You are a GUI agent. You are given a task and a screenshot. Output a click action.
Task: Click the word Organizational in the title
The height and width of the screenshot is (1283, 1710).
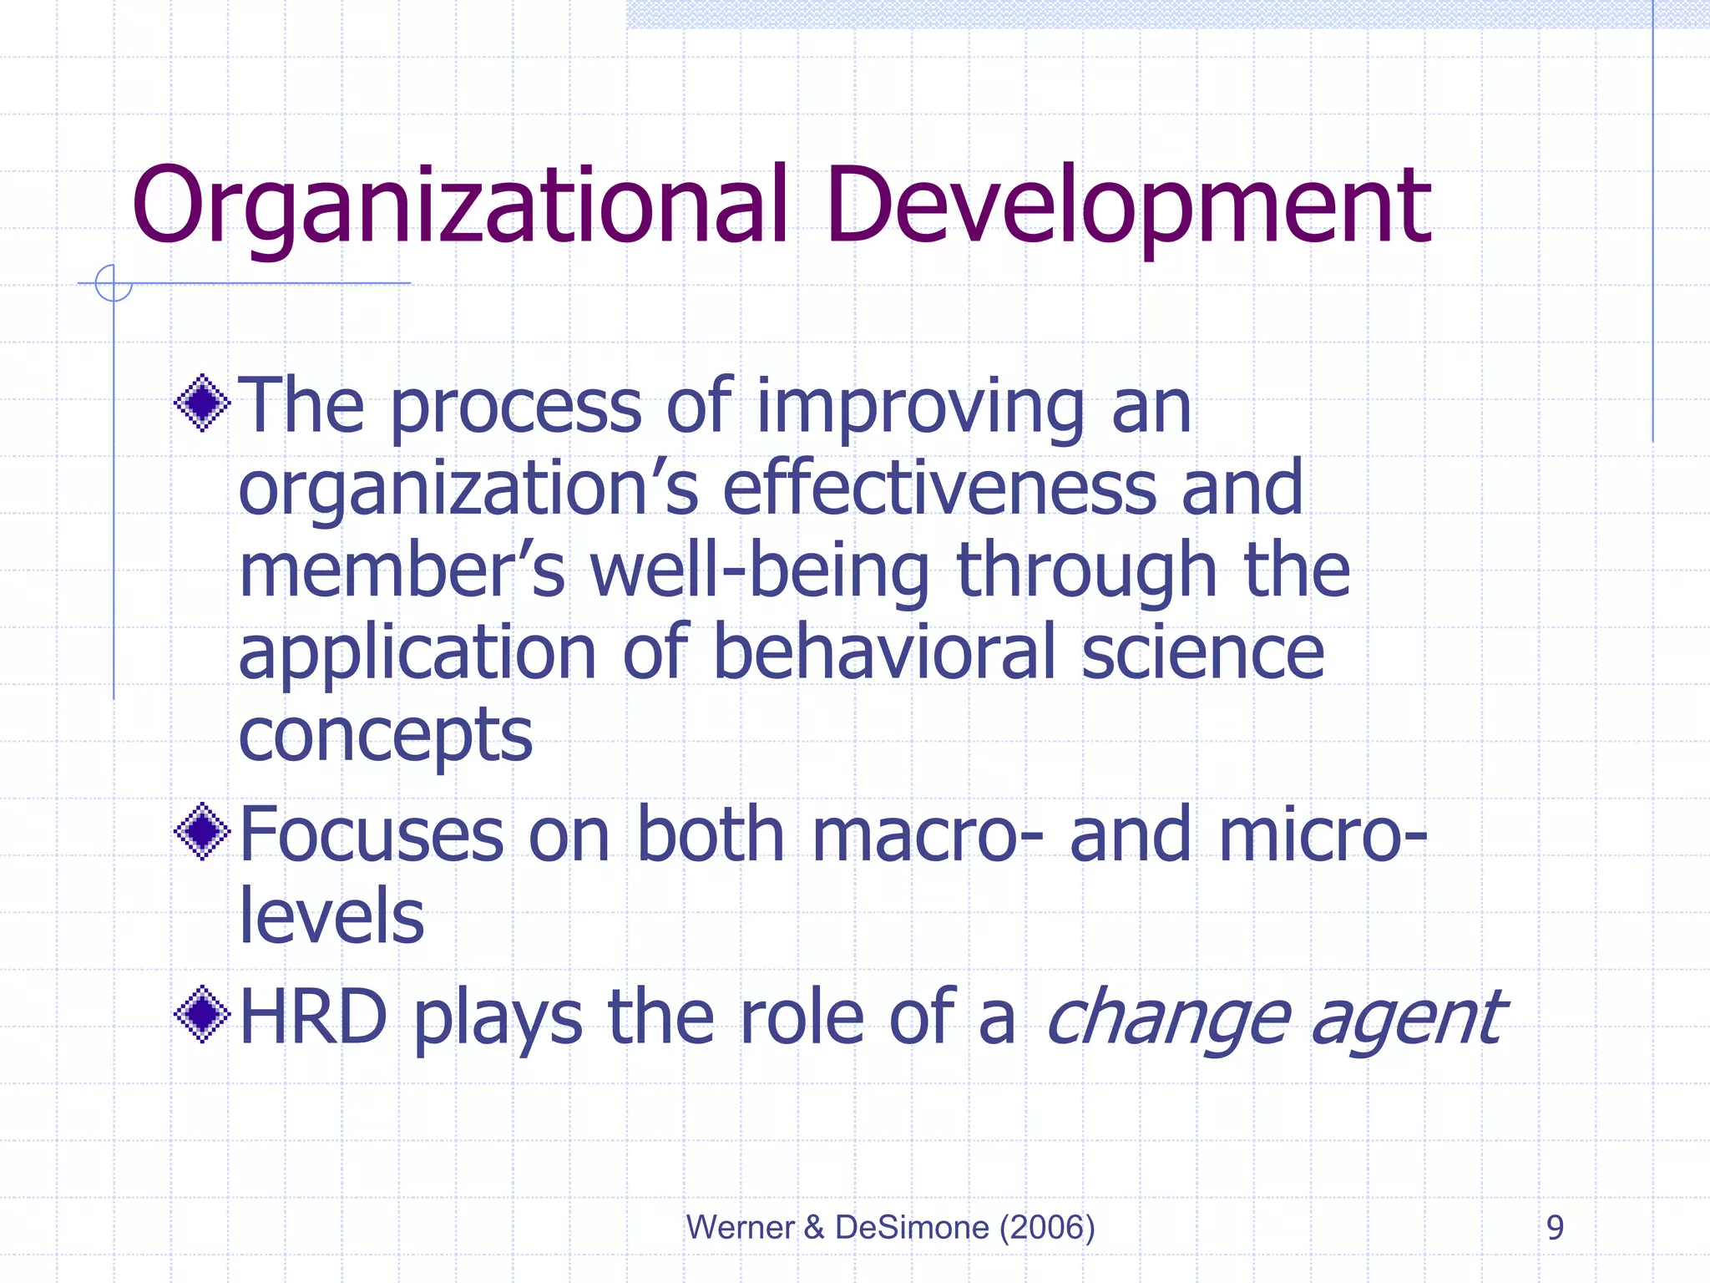click(x=459, y=207)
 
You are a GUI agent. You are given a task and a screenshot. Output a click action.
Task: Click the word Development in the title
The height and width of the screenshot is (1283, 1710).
click(x=1129, y=207)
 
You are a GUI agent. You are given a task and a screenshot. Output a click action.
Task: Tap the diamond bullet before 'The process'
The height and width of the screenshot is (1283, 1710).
click(x=202, y=403)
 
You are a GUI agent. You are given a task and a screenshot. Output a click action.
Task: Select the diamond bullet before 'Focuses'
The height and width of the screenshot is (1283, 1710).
click(x=202, y=831)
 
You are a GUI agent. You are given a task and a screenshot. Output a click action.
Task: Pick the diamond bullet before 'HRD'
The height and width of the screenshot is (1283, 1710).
click(x=202, y=1015)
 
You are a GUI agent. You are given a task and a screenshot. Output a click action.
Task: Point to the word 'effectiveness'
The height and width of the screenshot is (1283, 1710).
click(x=939, y=489)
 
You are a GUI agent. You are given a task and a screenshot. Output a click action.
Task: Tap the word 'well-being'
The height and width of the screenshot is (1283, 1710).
click(x=760, y=571)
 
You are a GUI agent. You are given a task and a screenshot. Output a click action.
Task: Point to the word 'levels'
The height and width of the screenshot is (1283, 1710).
click(x=331, y=916)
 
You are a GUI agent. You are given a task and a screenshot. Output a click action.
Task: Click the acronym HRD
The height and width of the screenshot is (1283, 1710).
click(x=313, y=1017)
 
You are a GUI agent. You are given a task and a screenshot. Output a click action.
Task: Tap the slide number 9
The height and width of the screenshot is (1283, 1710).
click(x=1555, y=1227)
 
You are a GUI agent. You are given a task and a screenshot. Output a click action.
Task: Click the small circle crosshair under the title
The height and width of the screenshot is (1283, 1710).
click(x=114, y=283)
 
